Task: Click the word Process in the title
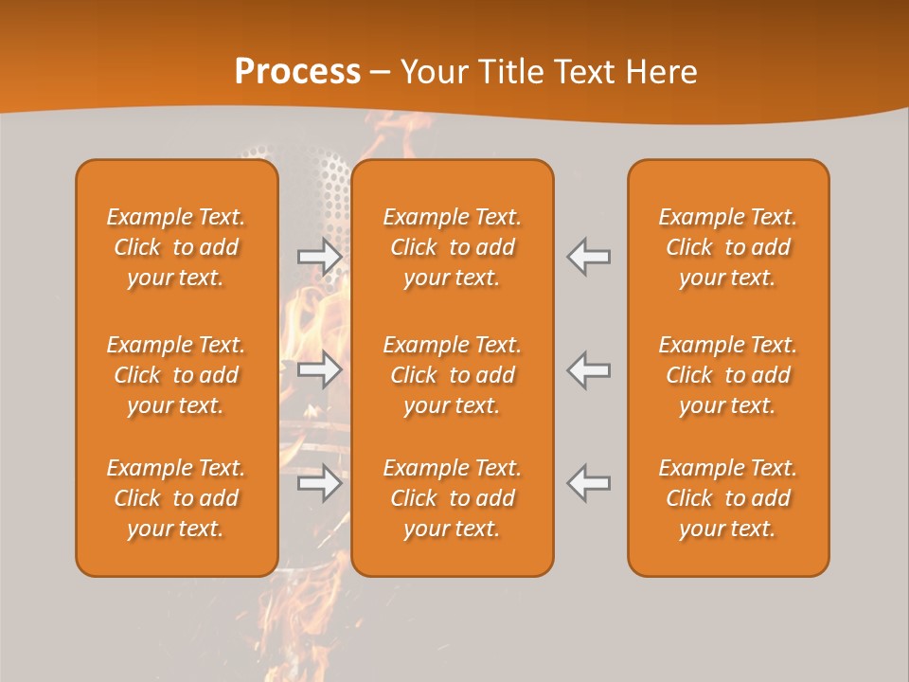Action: coord(297,72)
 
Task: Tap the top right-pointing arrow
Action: coord(319,257)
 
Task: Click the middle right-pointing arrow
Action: coord(319,369)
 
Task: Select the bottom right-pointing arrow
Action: coord(319,483)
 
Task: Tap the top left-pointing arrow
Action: coord(589,257)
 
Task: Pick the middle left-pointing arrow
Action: coord(589,369)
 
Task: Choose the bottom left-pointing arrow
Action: coord(589,483)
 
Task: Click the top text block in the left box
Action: coord(176,247)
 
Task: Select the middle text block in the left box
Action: coord(176,375)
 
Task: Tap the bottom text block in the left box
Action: coord(176,498)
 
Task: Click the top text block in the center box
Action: coord(452,247)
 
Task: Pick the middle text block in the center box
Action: coord(452,375)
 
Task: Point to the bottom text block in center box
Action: coord(452,498)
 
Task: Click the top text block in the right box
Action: coord(727,247)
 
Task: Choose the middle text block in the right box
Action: coord(727,375)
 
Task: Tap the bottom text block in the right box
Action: coord(727,498)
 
